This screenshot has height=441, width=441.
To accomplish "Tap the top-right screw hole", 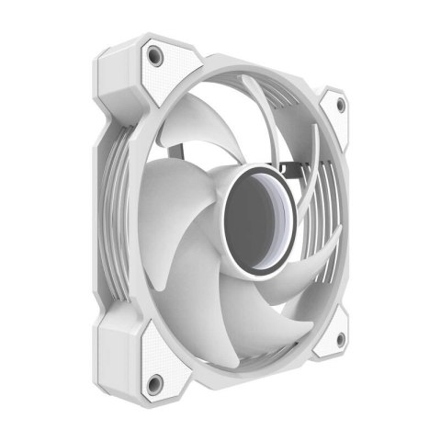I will coord(340,105).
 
